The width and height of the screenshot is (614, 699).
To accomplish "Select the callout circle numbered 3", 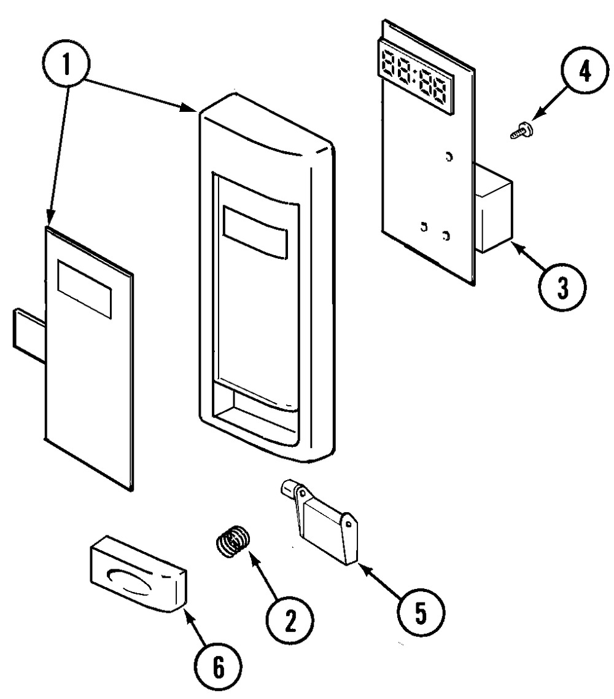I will tap(562, 286).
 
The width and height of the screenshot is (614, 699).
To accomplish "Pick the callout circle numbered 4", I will tap(583, 73).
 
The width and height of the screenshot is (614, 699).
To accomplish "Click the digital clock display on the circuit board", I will tap(414, 81).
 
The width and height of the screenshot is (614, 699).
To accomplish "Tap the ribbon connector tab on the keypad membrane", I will tap(28, 330).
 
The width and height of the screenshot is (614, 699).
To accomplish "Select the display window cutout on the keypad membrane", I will tap(85, 288).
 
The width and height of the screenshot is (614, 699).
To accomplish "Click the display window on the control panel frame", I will tap(255, 231).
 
